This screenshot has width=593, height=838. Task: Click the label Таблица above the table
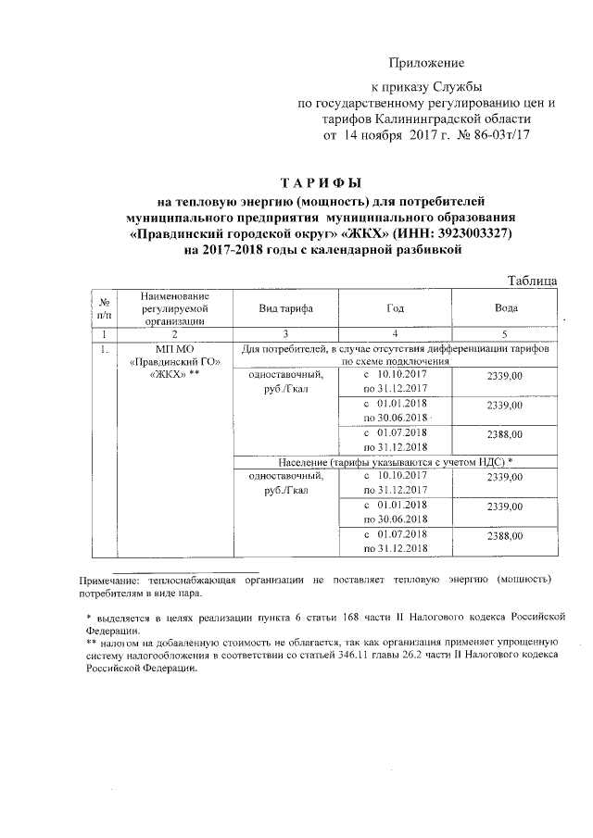click(x=531, y=280)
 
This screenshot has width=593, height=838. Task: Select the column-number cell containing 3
click(x=285, y=333)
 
